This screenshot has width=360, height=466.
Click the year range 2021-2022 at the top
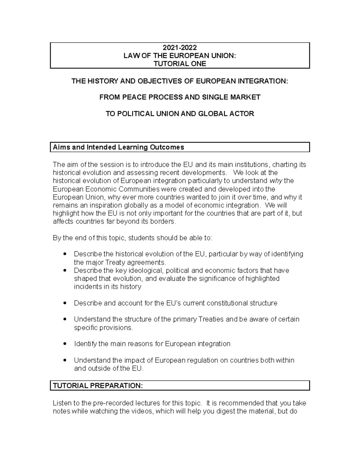[180, 48]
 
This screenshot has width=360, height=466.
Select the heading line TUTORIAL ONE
[180, 64]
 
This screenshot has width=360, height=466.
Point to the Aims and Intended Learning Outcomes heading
[118, 147]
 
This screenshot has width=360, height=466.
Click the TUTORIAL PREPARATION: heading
[98, 386]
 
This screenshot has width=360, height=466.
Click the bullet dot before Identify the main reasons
[64, 344]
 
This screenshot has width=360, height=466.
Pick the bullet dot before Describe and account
[64, 303]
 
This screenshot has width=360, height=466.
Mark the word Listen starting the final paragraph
[62, 403]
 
